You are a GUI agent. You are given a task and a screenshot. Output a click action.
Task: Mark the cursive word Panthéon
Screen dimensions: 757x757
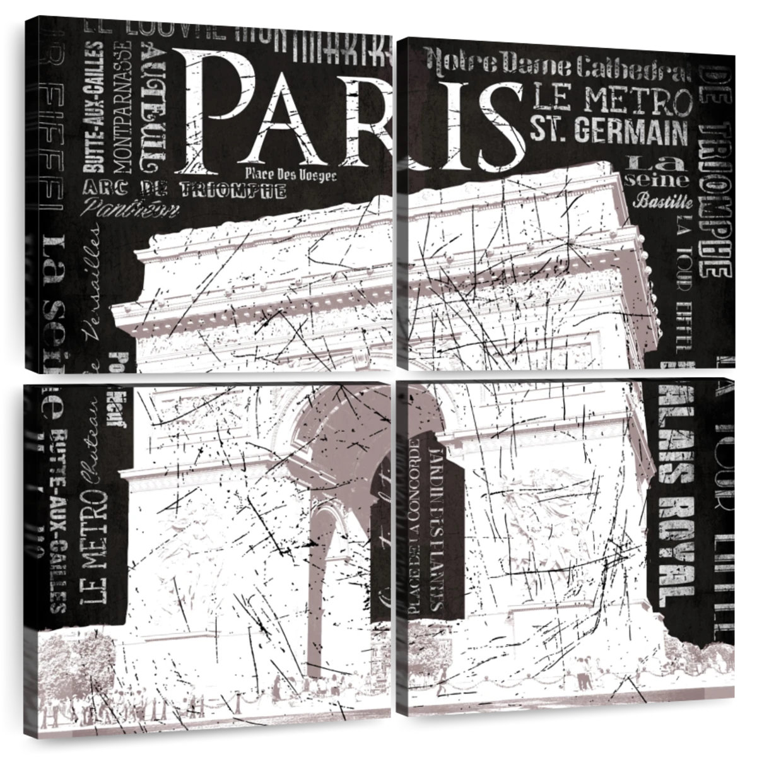click(x=124, y=206)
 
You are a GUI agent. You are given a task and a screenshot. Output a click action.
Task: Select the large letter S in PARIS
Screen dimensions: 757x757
click(x=498, y=126)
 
